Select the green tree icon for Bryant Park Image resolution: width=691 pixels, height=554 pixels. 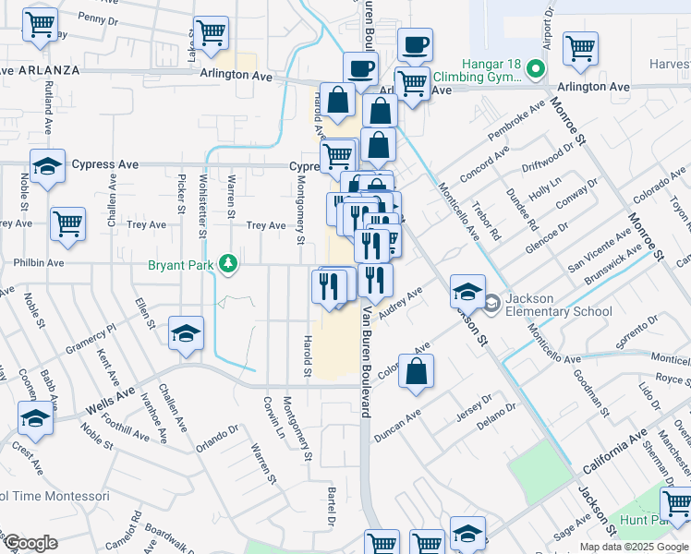227,266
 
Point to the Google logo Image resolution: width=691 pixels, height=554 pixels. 30,544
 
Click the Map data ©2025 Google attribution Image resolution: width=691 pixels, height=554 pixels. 635,547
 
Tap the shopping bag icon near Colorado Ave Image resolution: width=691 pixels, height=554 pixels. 418,371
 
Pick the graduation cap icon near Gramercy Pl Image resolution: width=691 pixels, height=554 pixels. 186,333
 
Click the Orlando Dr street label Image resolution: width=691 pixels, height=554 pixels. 215,434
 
